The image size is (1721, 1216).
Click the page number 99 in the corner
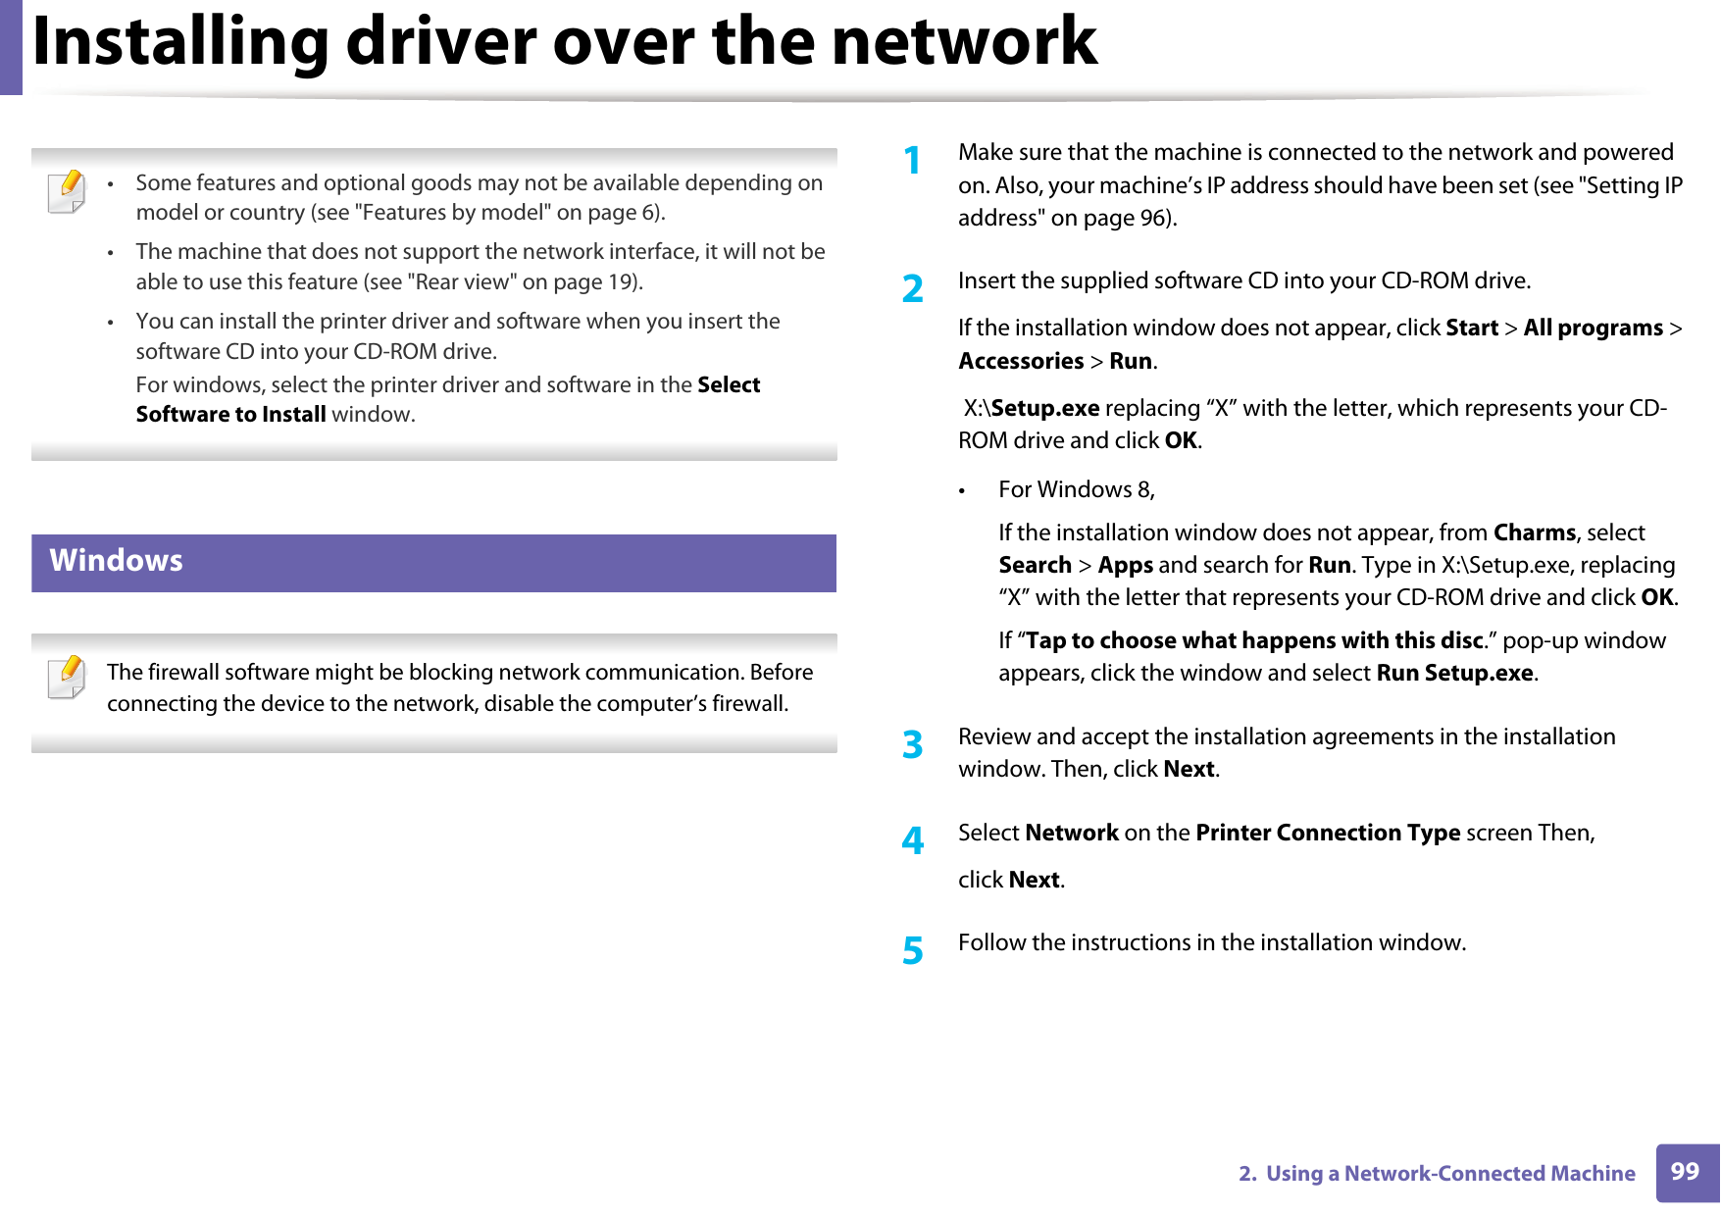coord(1685,1171)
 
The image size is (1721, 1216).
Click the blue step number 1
coord(913,161)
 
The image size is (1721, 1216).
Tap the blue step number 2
coord(913,289)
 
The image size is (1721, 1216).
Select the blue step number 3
coord(913,745)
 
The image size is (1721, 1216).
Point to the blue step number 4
coord(913,841)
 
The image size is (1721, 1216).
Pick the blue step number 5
coord(913,951)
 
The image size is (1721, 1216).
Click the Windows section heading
coord(117,561)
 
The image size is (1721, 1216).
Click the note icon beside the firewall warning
coord(67,679)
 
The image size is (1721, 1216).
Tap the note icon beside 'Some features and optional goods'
coord(67,191)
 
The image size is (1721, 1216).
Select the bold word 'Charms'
coord(1534,532)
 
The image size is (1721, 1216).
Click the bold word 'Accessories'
coord(1021,361)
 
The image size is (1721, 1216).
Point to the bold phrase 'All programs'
coord(1593,328)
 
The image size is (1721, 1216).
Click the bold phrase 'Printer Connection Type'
coord(1328,833)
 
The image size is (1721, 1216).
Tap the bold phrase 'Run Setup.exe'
coord(1454,673)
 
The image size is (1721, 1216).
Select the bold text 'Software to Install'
coord(230,415)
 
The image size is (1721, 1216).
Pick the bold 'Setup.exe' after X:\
coord(1045,408)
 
